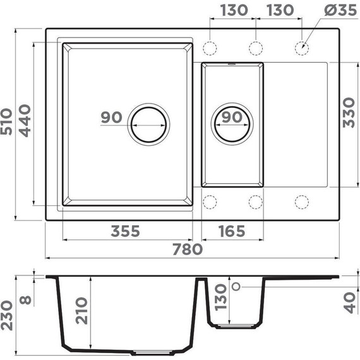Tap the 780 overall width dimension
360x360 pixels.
(x=188, y=249)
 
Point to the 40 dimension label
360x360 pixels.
(x=349, y=301)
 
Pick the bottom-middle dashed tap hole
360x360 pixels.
(x=256, y=201)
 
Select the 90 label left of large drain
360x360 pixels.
(x=111, y=117)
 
